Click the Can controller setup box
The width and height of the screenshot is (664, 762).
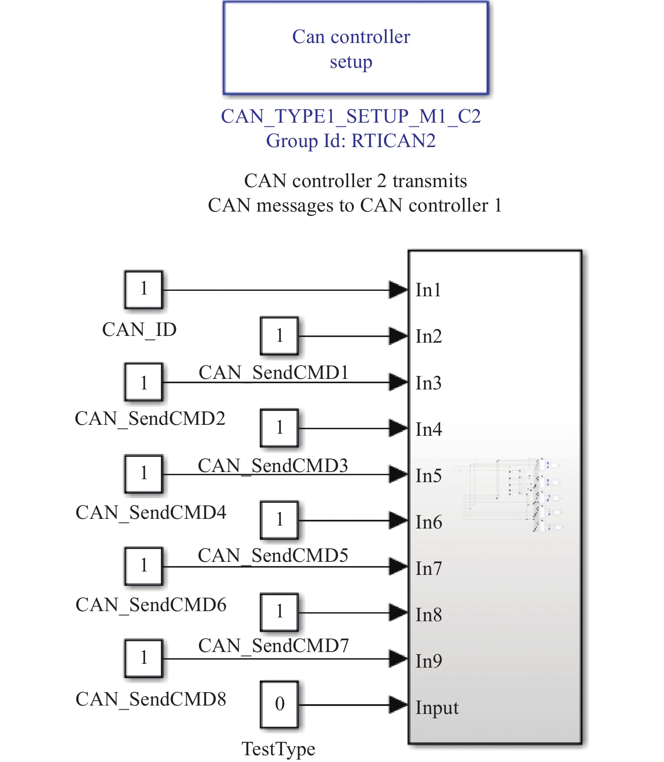pos(355,48)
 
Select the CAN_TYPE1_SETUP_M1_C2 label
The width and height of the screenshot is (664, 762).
pos(351,116)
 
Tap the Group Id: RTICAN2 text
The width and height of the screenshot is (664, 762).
pos(351,141)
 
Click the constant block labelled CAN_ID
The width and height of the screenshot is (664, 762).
pos(143,290)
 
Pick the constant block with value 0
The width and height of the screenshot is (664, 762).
pos(279,704)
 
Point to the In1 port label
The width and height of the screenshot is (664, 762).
pos(428,290)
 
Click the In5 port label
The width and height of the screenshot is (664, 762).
pos(428,476)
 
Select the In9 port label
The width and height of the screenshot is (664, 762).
pos(428,661)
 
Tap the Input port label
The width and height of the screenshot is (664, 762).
pos(437,707)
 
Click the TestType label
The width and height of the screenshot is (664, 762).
pos(278,749)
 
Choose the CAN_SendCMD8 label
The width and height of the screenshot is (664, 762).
pos(151,699)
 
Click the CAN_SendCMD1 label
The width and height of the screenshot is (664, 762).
pos(273,373)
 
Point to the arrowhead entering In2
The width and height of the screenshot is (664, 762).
pos(398,336)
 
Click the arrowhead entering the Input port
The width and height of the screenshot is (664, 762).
pos(398,704)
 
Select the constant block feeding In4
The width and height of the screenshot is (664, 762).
pos(279,428)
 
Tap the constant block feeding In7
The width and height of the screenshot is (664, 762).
pos(143,566)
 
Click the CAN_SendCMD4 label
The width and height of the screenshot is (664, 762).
pos(151,512)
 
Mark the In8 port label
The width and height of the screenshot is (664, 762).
pos(428,615)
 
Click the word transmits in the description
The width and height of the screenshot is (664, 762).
pos(430,181)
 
